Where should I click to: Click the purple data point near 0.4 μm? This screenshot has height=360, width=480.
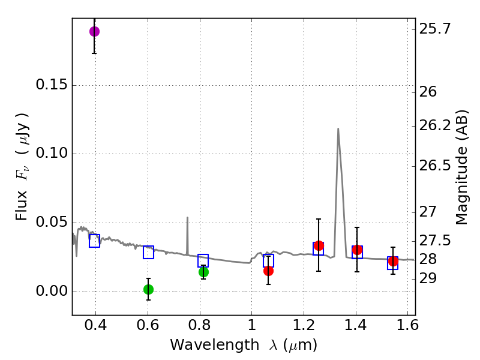point(94,31)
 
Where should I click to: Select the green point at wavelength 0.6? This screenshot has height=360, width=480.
point(148,289)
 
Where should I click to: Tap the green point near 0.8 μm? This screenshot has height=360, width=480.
point(203,272)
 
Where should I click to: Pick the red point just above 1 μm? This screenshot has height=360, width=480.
point(268,271)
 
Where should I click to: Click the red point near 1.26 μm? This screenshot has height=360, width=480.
point(319,245)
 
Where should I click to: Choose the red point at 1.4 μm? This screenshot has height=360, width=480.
point(357,250)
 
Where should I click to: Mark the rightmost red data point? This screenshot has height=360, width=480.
point(393,261)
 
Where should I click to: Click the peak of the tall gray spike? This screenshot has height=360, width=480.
point(338,128)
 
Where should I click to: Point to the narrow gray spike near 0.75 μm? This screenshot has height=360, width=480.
point(187,218)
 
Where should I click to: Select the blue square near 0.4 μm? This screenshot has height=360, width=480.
point(94,241)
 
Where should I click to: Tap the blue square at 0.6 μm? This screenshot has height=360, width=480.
point(148,252)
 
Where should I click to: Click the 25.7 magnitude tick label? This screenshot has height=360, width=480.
point(437,28)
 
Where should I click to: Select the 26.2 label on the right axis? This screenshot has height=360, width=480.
point(437,126)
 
